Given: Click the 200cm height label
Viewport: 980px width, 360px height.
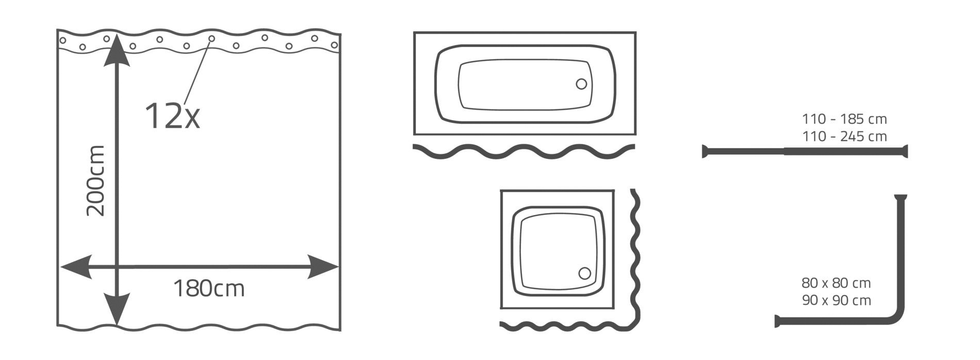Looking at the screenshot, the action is (x=96, y=181).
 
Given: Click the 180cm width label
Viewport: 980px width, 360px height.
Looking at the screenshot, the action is (x=208, y=289).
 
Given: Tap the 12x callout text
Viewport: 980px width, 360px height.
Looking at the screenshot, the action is (x=172, y=116).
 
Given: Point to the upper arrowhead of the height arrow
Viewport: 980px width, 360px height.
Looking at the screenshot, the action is (x=117, y=50).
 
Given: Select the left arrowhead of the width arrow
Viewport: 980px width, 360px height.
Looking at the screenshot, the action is (x=76, y=267).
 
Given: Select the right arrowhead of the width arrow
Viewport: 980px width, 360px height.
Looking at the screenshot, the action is (x=323, y=267).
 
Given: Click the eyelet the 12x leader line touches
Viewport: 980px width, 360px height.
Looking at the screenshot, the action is (x=211, y=39).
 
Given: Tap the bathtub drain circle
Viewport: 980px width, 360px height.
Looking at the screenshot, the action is (x=581, y=84).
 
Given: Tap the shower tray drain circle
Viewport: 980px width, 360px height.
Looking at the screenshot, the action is (x=584, y=273).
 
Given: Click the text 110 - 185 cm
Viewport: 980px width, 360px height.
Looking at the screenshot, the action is (x=844, y=119).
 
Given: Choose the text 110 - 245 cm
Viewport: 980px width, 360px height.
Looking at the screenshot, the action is (x=844, y=137).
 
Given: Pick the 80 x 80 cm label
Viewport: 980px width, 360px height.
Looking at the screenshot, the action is (x=836, y=283).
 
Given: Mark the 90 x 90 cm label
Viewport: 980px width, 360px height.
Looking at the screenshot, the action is (x=836, y=300).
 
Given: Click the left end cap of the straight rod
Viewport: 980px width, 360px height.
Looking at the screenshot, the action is (x=705, y=152).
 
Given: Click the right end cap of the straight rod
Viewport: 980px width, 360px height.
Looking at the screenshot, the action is (x=905, y=152).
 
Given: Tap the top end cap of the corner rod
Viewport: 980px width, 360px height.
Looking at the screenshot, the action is (x=901, y=197).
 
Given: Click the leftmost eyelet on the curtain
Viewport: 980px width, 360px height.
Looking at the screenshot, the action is (x=63, y=40).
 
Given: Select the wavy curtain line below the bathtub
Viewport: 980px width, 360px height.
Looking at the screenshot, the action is (x=524, y=151).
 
